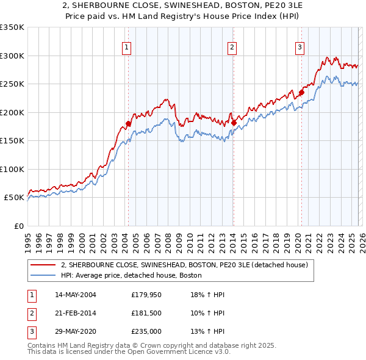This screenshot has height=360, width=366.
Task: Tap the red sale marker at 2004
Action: [128, 124]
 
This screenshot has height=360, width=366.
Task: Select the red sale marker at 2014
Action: [234, 123]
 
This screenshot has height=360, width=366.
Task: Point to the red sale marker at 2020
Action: [301, 93]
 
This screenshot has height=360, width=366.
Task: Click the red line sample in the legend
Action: [43, 265]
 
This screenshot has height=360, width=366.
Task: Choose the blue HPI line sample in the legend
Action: [43, 275]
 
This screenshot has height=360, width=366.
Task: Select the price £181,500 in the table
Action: [146, 313]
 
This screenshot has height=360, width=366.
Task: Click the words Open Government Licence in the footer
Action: [162, 352]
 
